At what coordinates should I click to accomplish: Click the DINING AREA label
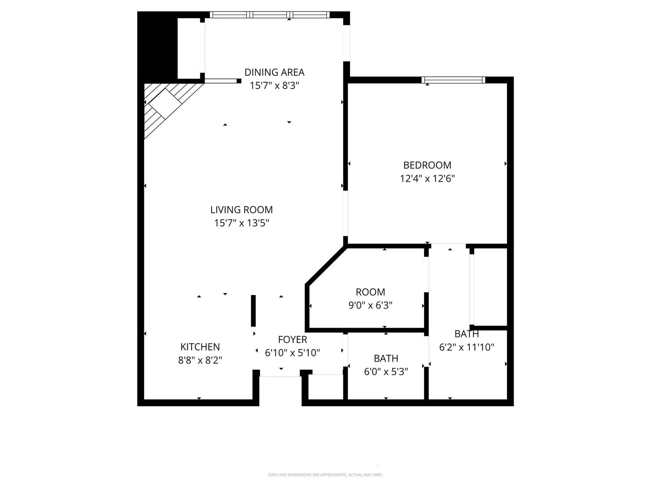tap(274, 72)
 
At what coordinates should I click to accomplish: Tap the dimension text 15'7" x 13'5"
tap(242, 223)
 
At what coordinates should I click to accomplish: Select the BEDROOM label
tap(427, 165)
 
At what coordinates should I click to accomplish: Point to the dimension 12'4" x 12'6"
tap(427, 179)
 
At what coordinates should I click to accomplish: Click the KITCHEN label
tap(200, 347)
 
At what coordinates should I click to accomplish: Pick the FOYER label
tap(292, 340)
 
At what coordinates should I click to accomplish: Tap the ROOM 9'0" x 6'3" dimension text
tap(370, 305)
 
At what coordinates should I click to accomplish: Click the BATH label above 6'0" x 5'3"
tap(386, 358)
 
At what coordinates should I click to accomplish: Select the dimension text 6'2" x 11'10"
tap(466, 347)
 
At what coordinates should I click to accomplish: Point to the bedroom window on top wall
tap(453, 80)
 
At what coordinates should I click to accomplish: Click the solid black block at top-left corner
tap(157, 44)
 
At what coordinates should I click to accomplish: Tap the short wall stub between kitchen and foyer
tap(253, 311)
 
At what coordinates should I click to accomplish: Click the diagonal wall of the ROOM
tap(326, 266)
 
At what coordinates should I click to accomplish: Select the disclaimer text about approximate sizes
tap(325, 475)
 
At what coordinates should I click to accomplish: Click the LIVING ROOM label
tap(242, 210)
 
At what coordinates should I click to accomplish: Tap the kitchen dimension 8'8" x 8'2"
tap(200, 360)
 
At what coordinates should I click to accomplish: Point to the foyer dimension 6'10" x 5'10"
tap(292, 353)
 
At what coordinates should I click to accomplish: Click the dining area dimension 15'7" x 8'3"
tap(274, 86)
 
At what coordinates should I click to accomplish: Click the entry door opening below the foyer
tap(280, 377)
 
